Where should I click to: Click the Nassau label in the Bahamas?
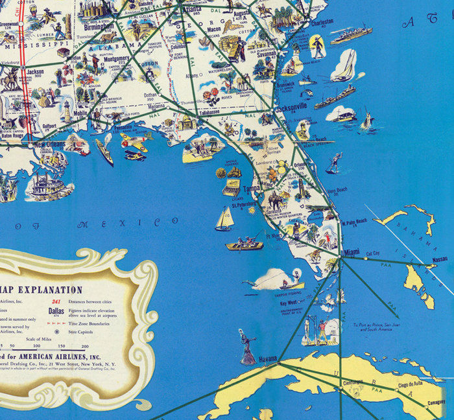tap(439, 259)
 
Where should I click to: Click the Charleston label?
tap(322, 21)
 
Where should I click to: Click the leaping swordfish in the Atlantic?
tap(368, 120)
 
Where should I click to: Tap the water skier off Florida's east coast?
tap(333, 163)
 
